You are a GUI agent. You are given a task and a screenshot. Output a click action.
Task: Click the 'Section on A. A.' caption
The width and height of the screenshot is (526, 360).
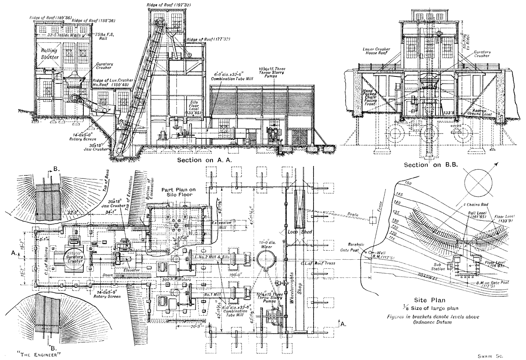point(203,160)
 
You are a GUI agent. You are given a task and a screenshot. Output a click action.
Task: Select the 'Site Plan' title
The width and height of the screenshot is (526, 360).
point(420,300)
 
